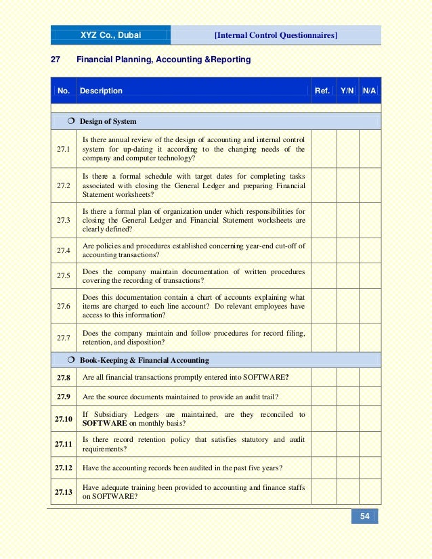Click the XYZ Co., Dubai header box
coord(111,35)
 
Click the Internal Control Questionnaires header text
coord(276,35)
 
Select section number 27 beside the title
coord(56,60)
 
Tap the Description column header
coord(101,91)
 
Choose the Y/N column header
coord(347,91)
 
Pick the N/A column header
coord(370,91)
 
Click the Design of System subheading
coord(108,122)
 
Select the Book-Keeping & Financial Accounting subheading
coord(144,360)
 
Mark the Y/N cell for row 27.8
coord(347,377)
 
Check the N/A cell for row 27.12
coord(370,468)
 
